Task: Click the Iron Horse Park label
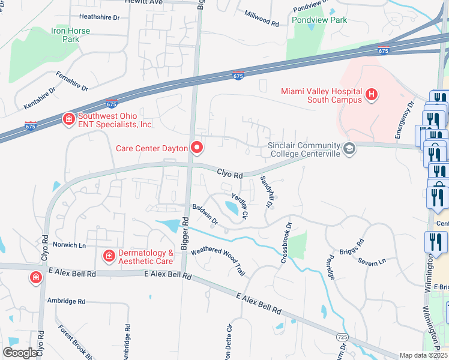coord(70,35)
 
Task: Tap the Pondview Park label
coord(319,20)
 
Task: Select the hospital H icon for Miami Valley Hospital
coord(372,94)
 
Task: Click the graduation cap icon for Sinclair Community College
coord(348,148)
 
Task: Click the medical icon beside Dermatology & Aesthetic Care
coord(109,256)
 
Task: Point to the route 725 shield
coord(342,338)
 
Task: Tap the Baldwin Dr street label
coord(204,214)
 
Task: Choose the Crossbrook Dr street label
coord(285,243)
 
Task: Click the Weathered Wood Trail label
coord(218,260)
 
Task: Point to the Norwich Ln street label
coord(70,245)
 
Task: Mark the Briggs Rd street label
coord(352,249)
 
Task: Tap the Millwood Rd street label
coord(262,18)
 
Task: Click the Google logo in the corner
coord(19,352)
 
